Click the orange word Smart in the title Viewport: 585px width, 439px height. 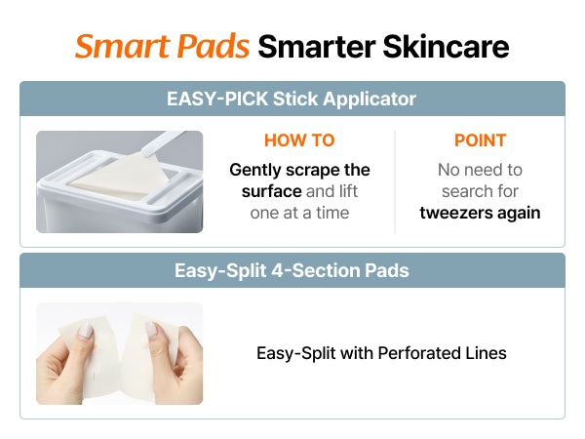(x=123, y=46)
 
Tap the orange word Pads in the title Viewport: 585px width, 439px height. (x=213, y=46)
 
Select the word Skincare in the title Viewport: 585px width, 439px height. (x=446, y=46)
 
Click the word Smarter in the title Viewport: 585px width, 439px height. (x=317, y=46)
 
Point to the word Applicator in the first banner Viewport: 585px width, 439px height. (x=370, y=100)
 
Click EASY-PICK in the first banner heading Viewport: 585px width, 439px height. (x=217, y=99)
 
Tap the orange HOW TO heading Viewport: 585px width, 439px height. (x=299, y=140)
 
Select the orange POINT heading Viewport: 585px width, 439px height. (x=480, y=140)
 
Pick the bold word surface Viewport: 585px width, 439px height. (x=272, y=191)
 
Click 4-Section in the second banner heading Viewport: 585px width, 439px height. (x=316, y=270)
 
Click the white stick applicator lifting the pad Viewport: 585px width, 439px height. (x=161, y=143)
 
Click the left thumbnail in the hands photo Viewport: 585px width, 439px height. (x=86, y=331)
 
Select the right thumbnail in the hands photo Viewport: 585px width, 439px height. (x=151, y=330)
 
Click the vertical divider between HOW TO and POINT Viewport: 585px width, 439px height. (x=395, y=181)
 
